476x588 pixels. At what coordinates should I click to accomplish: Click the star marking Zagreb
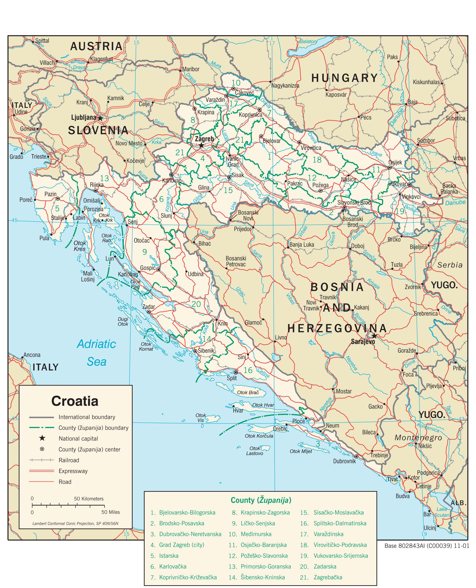[x=201, y=145]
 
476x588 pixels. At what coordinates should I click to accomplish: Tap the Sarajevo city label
[x=363, y=341]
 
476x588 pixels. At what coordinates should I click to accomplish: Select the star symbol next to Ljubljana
[x=100, y=118]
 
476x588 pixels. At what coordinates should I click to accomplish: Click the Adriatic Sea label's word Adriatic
[x=96, y=344]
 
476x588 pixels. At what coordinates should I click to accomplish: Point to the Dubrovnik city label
[x=344, y=461]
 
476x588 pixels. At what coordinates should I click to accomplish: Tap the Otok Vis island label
[x=201, y=418]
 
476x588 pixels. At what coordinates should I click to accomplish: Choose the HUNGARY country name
[x=345, y=78]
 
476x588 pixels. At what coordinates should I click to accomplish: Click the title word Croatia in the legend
[x=75, y=401]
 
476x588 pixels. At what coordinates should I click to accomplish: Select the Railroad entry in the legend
[x=69, y=460]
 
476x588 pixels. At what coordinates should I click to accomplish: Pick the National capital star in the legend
[x=42, y=438]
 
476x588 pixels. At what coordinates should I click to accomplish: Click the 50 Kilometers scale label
[x=89, y=499]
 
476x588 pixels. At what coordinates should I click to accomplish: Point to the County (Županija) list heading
[x=261, y=500]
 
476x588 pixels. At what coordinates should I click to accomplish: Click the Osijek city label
[x=395, y=162]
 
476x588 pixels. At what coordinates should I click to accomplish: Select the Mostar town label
[x=344, y=392]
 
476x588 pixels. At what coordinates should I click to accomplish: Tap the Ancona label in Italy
[x=32, y=355]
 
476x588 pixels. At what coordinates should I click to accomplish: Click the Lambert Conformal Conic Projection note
[x=75, y=523]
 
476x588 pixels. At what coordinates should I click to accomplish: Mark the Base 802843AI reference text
[x=426, y=546]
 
